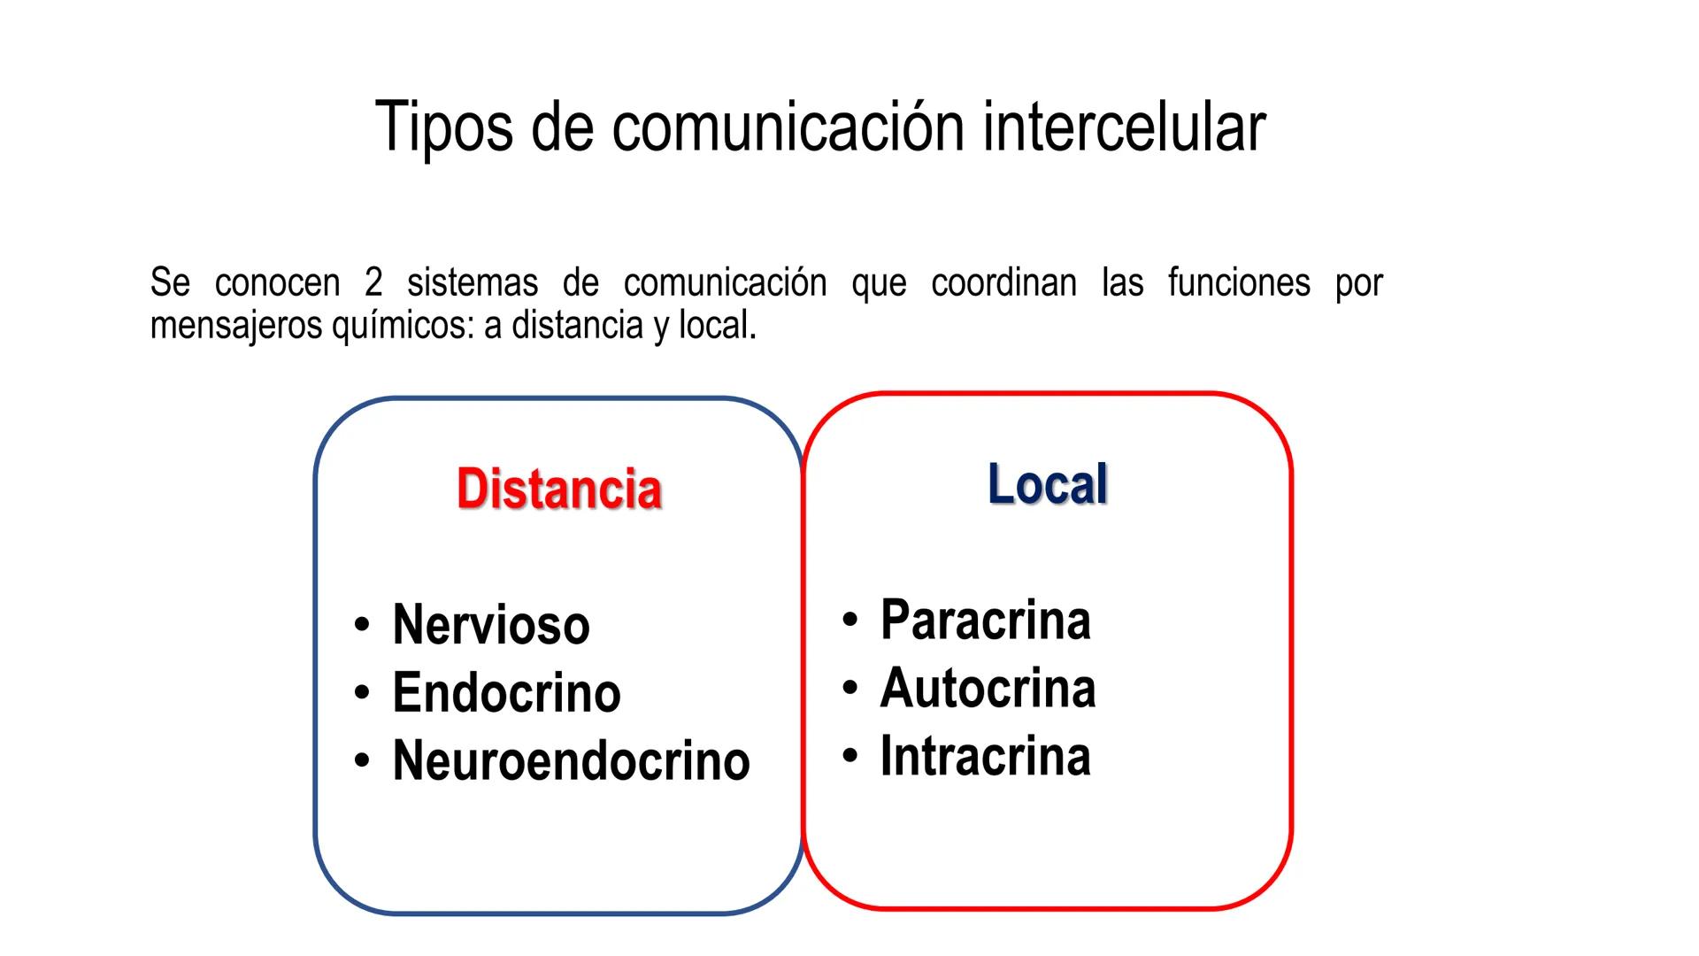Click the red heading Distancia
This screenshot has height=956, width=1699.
pyautogui.click(x=559, y=489)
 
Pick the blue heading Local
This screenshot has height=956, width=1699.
pyautogui.click(x=1048, y=484)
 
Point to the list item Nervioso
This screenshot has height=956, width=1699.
pyautogui.click(x=491, y=625)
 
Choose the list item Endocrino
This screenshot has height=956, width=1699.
pyautogui.click(x=506, y=692)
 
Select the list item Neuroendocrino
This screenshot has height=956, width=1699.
pyautogui.click(x=571, y=760)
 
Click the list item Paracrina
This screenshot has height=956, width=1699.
pyautogui.click(x=985, y=620)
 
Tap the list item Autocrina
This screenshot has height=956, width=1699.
pyautogui.click(x=988, y=688)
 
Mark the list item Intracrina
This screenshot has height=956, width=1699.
pyautogui.click(x=985, y=756)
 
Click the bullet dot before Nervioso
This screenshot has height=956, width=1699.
pyautogui.click(x=361, y=625)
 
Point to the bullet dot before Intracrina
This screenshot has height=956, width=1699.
pyautogui.click(x=849, y=756)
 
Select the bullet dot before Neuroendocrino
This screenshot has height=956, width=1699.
pyautogui.click(x=361, y=760)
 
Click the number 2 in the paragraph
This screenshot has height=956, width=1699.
pyautogui.click(x=373, y=283)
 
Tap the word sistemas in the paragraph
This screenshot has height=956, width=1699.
pyautogui.click(x=473, y=283)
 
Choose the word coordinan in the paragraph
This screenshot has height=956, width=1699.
pyautogui.click(x=1003, y=283)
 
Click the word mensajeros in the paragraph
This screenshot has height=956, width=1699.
pyautogui.click(x=236, y=326)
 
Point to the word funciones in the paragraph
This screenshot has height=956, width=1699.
pyautogui.click(x=1239, y=283)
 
